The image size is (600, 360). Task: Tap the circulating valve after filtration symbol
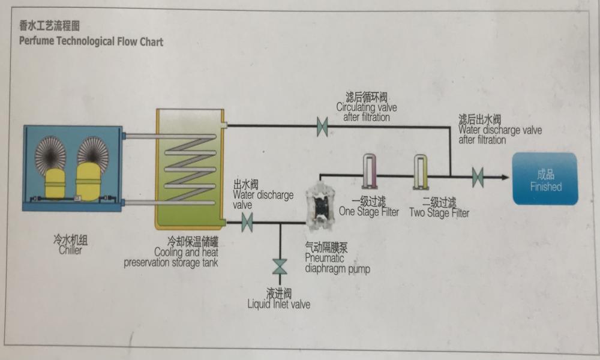coord(322,127)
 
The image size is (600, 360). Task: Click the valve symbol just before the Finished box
coord(478,176)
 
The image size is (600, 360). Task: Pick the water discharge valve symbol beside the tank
coord(247,223)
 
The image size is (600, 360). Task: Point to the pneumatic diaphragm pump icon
coord(319,208)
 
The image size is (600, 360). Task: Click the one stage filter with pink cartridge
coord(369,170)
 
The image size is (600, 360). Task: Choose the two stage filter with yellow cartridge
coord(420,170)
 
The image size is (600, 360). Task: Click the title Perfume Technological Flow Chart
coord(91,42)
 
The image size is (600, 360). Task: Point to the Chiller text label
coord(70,250)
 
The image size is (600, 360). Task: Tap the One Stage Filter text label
coord(369,212)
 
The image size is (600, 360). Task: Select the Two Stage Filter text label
coord(439,213)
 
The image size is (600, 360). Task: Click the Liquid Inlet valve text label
coord(279,304)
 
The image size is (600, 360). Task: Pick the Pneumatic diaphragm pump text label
coord(337,263)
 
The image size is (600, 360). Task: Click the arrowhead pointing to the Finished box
coord(504,176)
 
